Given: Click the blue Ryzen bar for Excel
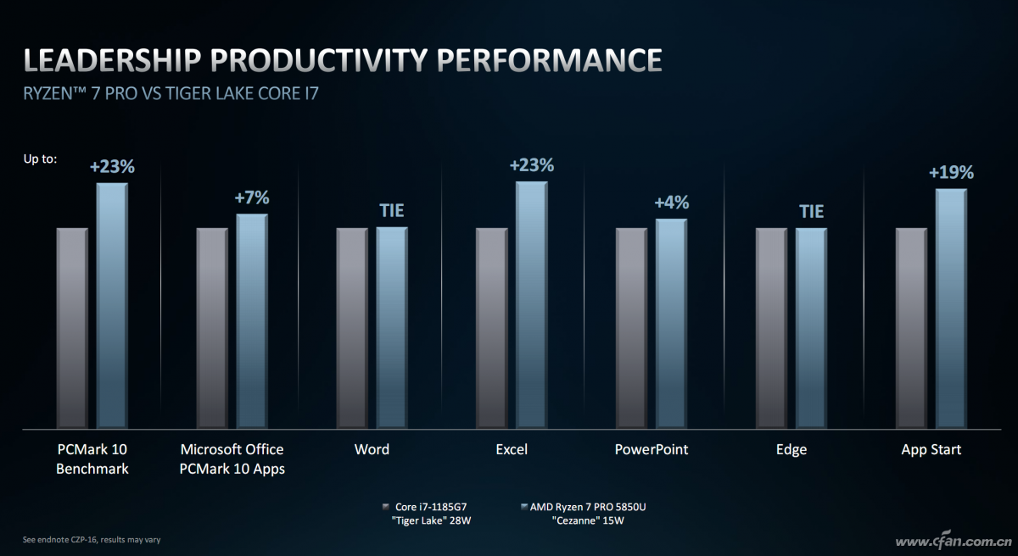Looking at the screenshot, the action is [531, 304].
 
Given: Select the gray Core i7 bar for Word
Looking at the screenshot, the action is [352, 328].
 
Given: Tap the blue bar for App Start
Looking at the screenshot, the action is [951, 309].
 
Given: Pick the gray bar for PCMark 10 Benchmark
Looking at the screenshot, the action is [72, 328].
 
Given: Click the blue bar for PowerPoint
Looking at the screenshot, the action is [671, 323].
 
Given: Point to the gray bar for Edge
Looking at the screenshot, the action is [771, 328].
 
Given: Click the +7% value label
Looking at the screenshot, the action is [252, 197].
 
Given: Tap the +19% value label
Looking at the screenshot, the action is [951, 172].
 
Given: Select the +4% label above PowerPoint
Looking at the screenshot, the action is [672, 203].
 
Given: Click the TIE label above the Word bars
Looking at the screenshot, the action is [392, 210].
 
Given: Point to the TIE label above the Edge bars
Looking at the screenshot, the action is [811, 212].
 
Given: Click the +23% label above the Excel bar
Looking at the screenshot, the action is [532, 165].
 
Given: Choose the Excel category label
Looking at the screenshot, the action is [512, 449].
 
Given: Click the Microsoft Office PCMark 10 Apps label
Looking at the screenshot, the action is [232, 459].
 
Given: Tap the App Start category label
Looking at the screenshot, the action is [931, 450].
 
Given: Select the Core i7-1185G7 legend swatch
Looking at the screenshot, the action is [386, 507].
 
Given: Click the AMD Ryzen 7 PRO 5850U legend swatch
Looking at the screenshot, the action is [524, 507].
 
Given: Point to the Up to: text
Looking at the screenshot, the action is [41, 159].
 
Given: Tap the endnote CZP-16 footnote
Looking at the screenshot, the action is [92, 540].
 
